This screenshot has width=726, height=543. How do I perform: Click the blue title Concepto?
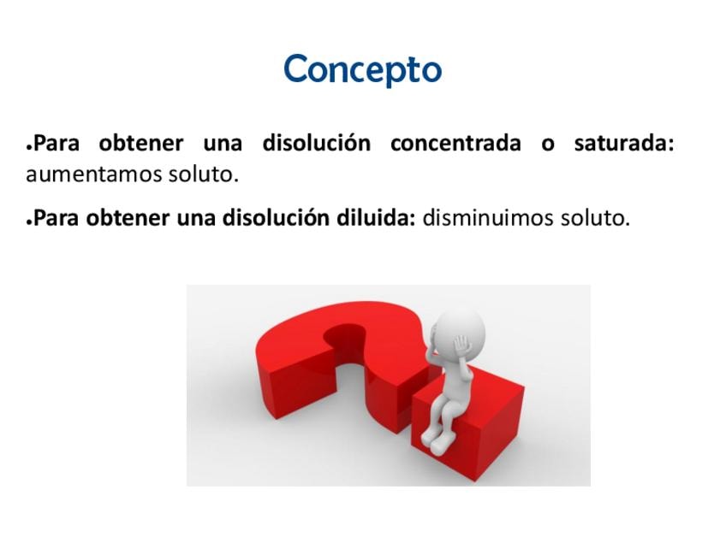362,69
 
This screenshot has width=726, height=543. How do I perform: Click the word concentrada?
455,143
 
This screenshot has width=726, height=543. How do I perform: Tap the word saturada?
624,143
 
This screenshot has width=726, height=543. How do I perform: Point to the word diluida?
376,217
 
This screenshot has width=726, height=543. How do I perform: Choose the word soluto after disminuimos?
595,217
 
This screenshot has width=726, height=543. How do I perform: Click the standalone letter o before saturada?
548,145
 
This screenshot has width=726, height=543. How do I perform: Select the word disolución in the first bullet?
317,143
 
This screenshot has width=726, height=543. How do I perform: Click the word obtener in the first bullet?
141,143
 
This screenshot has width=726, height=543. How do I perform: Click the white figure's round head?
458,332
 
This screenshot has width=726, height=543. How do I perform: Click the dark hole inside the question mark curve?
348,341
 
